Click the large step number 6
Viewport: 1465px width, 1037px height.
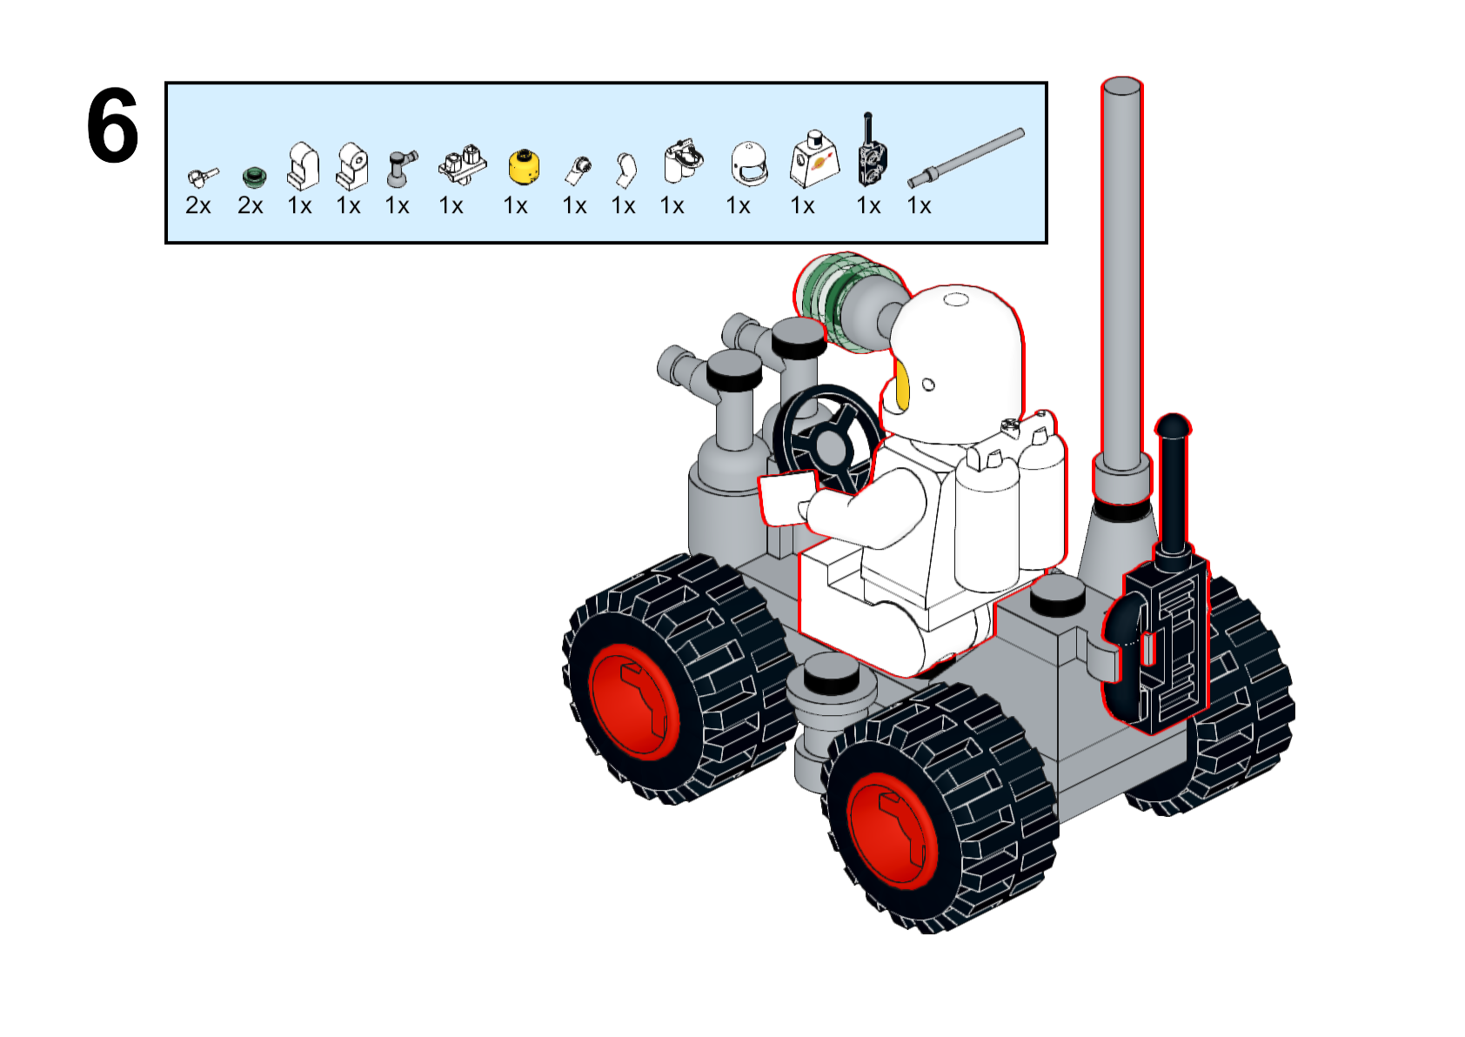(112, 127)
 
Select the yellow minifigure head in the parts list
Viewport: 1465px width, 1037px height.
(523, 166)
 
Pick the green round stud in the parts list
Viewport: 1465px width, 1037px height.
(253, 177)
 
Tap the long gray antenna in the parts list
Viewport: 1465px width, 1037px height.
(967, 157)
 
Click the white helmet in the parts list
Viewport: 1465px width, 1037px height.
(749, 164)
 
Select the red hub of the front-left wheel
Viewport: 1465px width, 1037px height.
(632, 701)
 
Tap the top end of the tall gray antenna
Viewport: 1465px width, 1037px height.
(1121, 87)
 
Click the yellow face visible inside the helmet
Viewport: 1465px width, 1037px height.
(902, 385)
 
